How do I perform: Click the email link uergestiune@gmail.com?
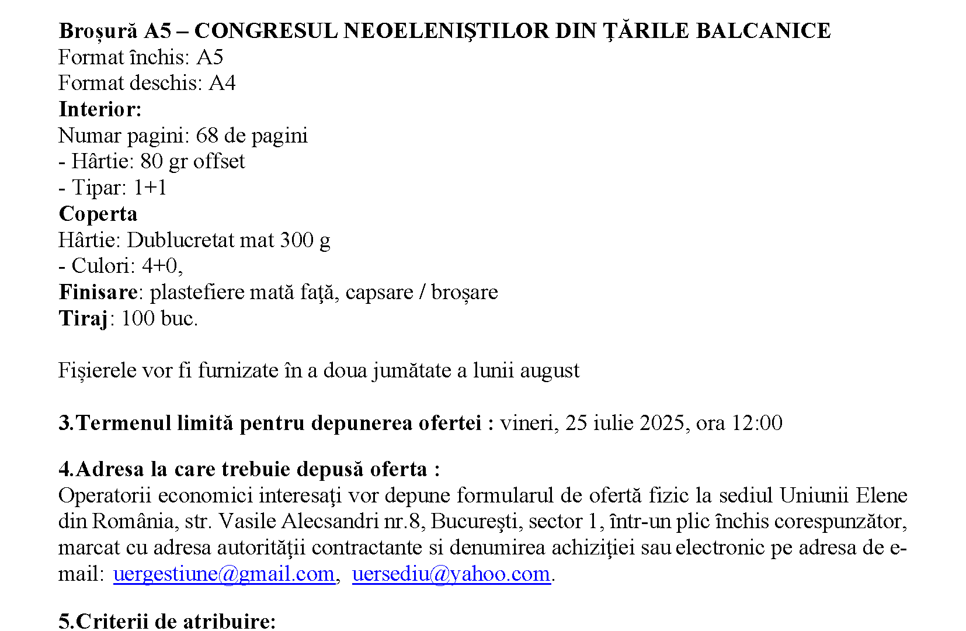pos(224,574)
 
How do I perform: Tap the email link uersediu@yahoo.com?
pos(451,574)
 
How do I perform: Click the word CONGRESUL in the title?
pos(266,31)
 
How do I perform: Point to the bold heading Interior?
pos(100,109)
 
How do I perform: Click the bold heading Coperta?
pos(98,214)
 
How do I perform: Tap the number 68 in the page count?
pos(207,136)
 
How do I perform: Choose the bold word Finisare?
pos(98,292)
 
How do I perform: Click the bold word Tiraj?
pos(83,318)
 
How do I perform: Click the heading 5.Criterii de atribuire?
pos(167,620)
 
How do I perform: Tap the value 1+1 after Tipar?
pos(150,188)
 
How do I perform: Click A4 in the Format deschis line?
pos(222,84)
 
